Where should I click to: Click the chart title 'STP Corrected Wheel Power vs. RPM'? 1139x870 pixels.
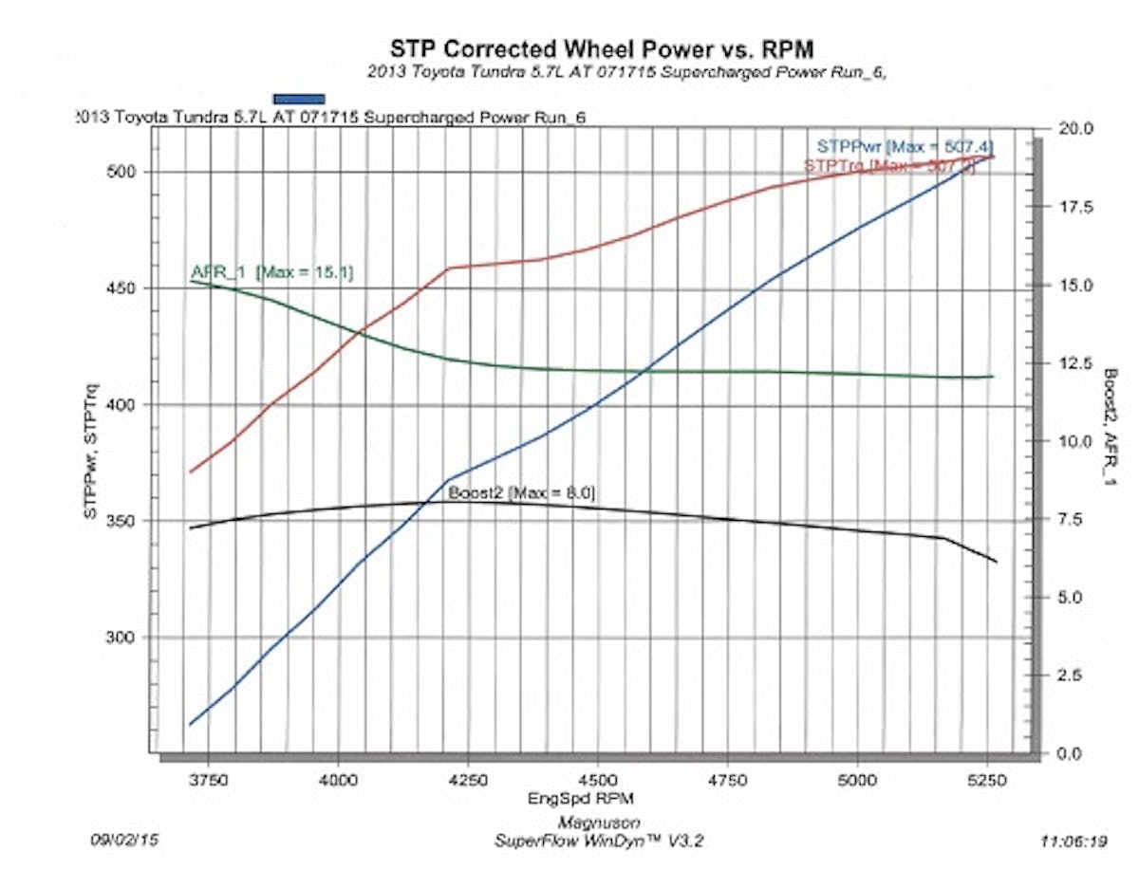[602, 48]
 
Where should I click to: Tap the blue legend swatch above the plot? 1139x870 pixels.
[299, 98]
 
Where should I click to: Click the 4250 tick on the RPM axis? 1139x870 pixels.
[467, 778]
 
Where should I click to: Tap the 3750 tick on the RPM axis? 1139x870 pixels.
[208, 778]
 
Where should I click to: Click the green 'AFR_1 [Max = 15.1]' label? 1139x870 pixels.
[271, 273]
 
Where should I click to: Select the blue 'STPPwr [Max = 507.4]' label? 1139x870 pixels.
[905, 146]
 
